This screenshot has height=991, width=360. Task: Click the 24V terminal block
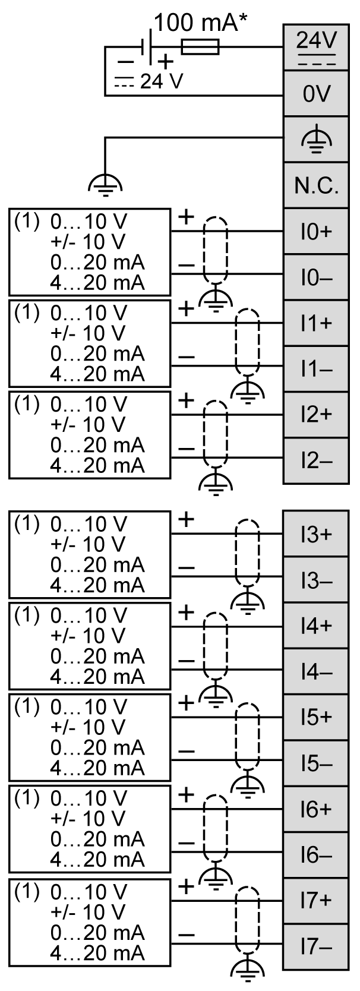[316, 47]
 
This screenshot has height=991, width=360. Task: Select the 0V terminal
[316, 94]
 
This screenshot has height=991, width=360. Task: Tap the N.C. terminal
[316, 186]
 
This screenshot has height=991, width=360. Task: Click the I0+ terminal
[316, 232]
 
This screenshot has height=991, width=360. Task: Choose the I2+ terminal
[316, 415]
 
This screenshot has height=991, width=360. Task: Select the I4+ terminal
[316, 626]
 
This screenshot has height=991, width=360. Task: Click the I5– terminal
[316, 763]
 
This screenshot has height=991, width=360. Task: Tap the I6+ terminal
[316, 809]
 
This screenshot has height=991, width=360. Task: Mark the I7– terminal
[316, 946]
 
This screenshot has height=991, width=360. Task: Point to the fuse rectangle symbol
[200, 47]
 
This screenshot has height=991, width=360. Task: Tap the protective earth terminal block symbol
[316, 140]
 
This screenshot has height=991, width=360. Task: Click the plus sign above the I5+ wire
[186, 703]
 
